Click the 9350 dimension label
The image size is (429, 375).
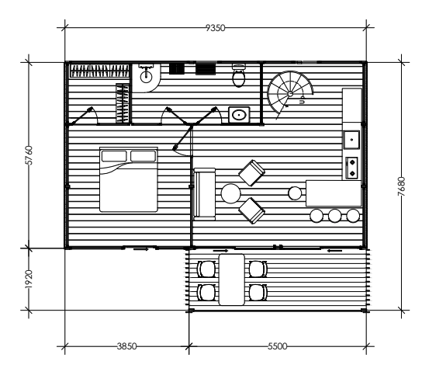tap(216, 28)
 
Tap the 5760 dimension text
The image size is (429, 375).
tap(29, 155)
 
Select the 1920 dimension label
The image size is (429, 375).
tap(29, 280)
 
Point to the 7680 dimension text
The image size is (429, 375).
tap(401, 186)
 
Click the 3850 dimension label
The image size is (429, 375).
tap(126, 346)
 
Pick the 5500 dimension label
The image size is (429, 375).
tap(278, 346)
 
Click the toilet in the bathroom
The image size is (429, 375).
tap(239, 75)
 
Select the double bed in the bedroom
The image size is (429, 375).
tap(129, 179)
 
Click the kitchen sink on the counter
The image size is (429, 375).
tap(351, 140)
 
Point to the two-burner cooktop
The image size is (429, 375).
tap(352, 168)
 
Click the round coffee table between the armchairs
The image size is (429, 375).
tap(230, 193)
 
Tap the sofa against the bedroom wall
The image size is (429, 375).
tap(204, 194)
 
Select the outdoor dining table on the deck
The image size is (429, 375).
tap(232, 280)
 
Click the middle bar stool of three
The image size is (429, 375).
tap(334, 216)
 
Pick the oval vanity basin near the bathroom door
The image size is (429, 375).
tap(239, 115)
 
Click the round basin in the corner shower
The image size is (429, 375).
tap(146, 77)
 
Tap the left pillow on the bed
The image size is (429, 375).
tap(114, 156)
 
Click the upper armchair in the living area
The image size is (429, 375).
tap(251, 173)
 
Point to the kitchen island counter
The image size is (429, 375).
tap(334, 193)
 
